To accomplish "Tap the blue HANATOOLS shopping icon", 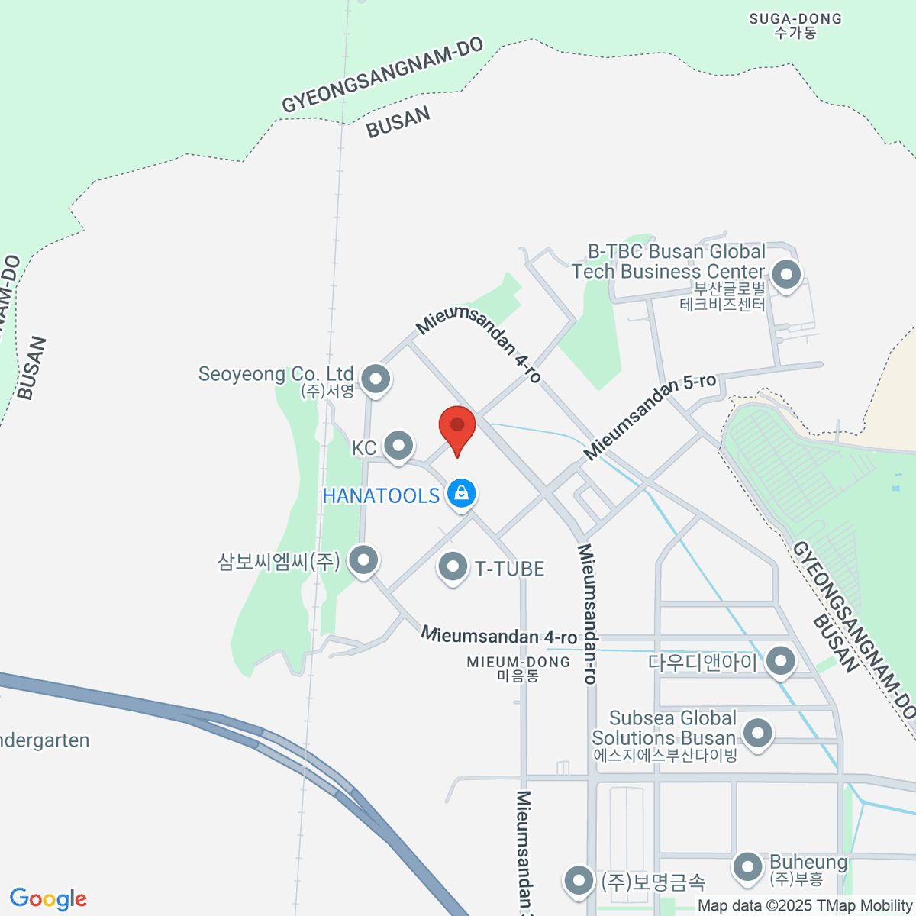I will coord(461,493).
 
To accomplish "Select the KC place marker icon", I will coord(398,445).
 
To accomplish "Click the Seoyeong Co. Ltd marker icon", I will coord(375,378).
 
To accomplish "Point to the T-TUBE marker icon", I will coord(453,567).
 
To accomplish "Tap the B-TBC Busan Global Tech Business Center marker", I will coord(785,274).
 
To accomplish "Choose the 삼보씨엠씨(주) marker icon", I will coord(363,560).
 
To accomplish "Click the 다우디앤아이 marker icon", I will coord(780,660).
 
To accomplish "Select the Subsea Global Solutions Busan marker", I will coord(757,734).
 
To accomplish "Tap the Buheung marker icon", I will coord(747,867).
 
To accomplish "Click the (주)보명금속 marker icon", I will coord(579,881).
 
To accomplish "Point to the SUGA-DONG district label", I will coord(795,25).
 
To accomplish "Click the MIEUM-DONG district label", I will coord(518,669).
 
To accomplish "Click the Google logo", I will coord(48,899).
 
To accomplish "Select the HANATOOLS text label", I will coord(381,495).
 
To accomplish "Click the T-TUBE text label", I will coord(509,569).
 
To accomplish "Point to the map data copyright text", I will coord(805,906).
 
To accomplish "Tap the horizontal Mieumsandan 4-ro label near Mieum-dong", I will coord(498,636).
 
